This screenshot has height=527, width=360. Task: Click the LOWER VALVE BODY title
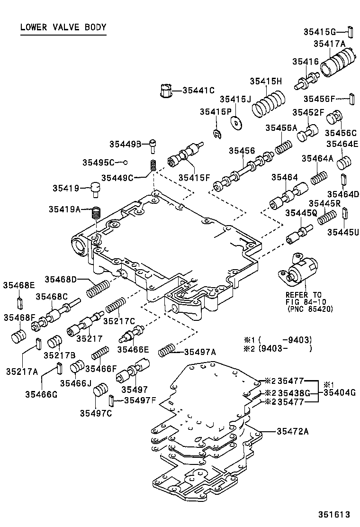click(63, 27)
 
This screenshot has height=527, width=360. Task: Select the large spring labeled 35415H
click(269, 105)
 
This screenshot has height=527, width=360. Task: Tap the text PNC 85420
click(310, 309)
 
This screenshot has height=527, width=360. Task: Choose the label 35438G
click(294, 392)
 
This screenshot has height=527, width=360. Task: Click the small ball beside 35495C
click(126, 162)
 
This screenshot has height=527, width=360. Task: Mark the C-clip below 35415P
click(216, 134)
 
